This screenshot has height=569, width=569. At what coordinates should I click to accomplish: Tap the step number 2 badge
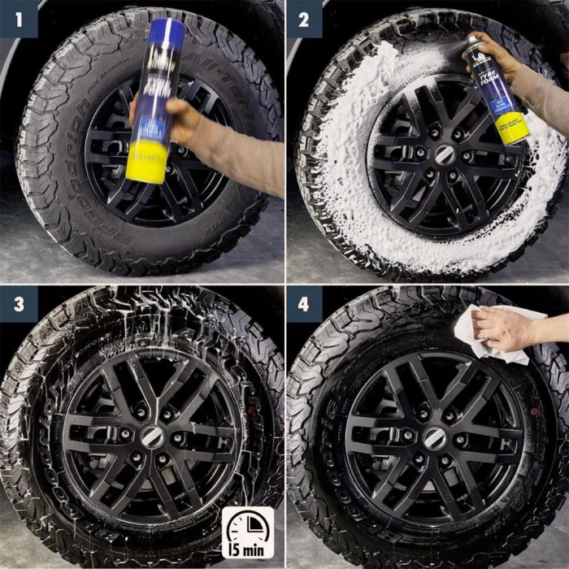click(x=304, y=18)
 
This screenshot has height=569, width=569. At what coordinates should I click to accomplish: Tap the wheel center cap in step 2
click(x=445, y=155)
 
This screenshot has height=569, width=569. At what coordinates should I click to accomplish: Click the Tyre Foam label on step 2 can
click(x=494, y=85)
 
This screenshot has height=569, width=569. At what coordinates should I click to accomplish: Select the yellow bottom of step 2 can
click(x=514, y=130)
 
